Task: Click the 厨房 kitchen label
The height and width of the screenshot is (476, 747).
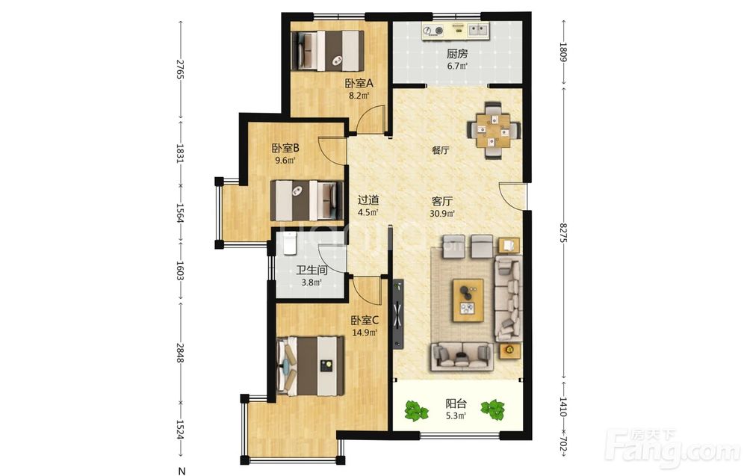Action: click(x=457, y=54)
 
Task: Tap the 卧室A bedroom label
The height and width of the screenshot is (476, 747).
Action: click(x=359, y=84)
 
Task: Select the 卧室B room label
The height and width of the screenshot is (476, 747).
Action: click(x=285, y=148)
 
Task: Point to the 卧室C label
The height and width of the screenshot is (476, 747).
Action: click(x=365, y=320)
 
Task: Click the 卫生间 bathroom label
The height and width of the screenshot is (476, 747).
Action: click(x=311, y=271)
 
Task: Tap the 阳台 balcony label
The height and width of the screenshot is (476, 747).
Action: click(x=456, y=404)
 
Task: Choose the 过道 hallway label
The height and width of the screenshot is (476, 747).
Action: click(x=368, y=200)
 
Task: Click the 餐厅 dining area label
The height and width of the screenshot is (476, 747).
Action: click(x=441, y=150)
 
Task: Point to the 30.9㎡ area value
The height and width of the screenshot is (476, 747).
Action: click(x=441, y=214)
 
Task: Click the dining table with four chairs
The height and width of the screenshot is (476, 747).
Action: click(x=494, y=130)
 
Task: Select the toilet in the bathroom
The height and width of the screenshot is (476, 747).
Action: click(x=289, y=243)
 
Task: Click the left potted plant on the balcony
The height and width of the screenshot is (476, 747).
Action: click(x=416, y=411)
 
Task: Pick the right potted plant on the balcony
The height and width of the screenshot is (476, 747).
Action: click(x=492, y=409)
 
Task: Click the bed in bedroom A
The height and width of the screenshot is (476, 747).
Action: click(x=327, y=52)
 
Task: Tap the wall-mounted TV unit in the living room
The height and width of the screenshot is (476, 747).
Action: click(x=398, y=315)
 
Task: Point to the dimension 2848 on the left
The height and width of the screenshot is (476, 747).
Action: click(x=179, y=353)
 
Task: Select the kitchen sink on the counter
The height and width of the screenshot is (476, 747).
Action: click(x=478, y=30)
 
